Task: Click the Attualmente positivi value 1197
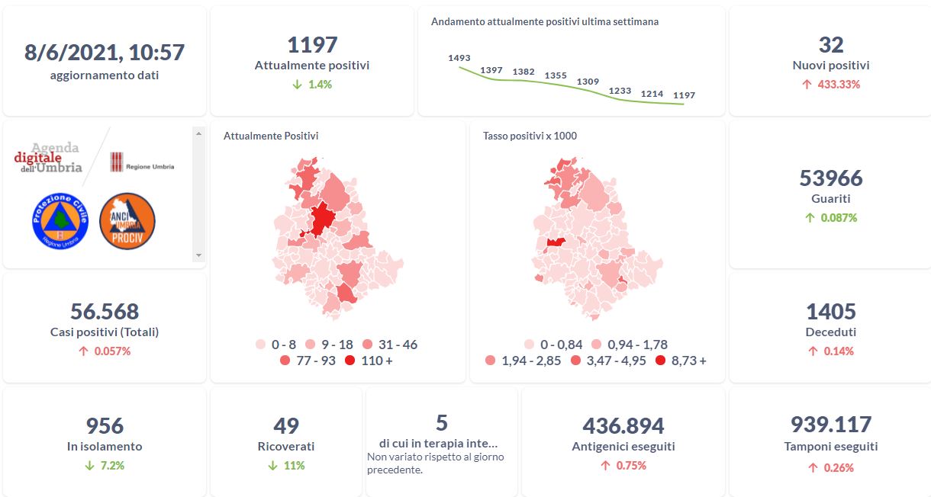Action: [x=312, y=44]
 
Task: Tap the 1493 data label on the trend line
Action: [x=459, y=57]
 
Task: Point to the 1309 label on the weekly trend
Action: [x=588, y=82]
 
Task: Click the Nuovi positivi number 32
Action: [x=831, y=44]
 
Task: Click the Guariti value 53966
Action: [x=831, y=178]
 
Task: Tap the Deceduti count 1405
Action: [x=831, y=311]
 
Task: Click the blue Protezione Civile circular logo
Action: [x=60, y=220]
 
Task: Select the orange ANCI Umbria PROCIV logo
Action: [x=127, y=220]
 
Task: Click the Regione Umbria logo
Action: [x=142, y=162]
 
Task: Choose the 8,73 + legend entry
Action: [x=681, y=361]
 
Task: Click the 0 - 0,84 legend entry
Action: [x=554, y=345]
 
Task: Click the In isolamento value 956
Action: [x=105, y=425]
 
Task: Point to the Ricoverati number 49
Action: [x=286, y=425]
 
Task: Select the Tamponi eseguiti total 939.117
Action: [x=831, y=425]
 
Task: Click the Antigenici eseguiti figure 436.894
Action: [x=623, y=425]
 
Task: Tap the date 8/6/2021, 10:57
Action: [x=105, y=52]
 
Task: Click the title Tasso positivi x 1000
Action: [x=530, y=136]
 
